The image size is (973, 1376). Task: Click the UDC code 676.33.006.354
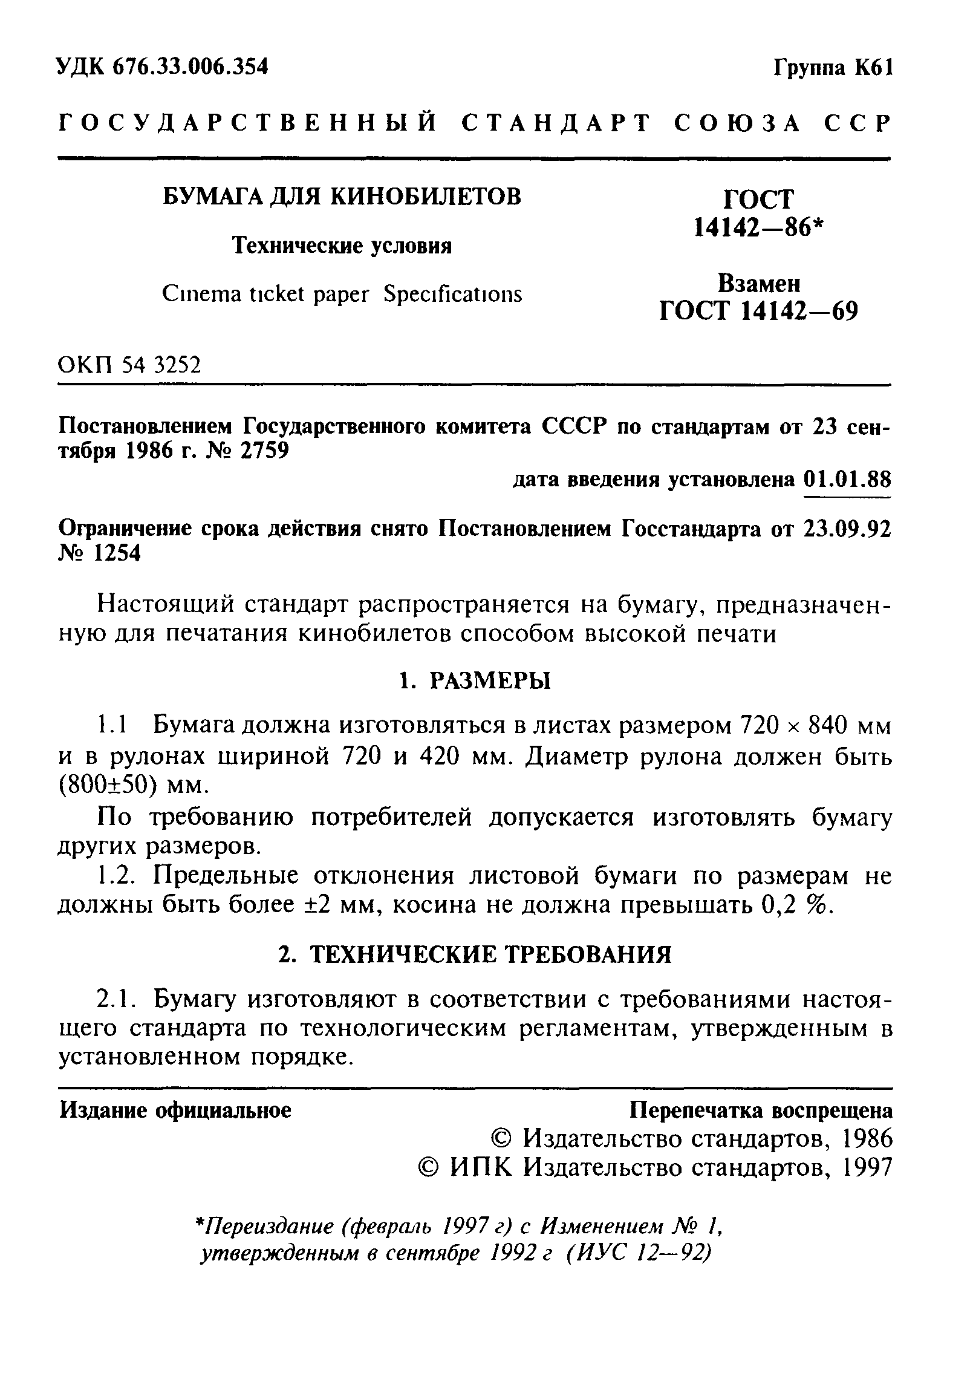(x=190, y=67)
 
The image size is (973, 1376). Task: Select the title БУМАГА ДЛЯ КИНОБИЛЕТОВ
(x=342, y=197)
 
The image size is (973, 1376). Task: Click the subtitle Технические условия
(x=342, y=246)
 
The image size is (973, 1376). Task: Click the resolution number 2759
(x=264, y=451)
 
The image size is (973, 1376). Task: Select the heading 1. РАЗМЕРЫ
(x=475, y=682)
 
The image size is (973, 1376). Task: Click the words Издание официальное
(x=175, y=1110)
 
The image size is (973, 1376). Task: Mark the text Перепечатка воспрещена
(x=761, y=1110)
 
